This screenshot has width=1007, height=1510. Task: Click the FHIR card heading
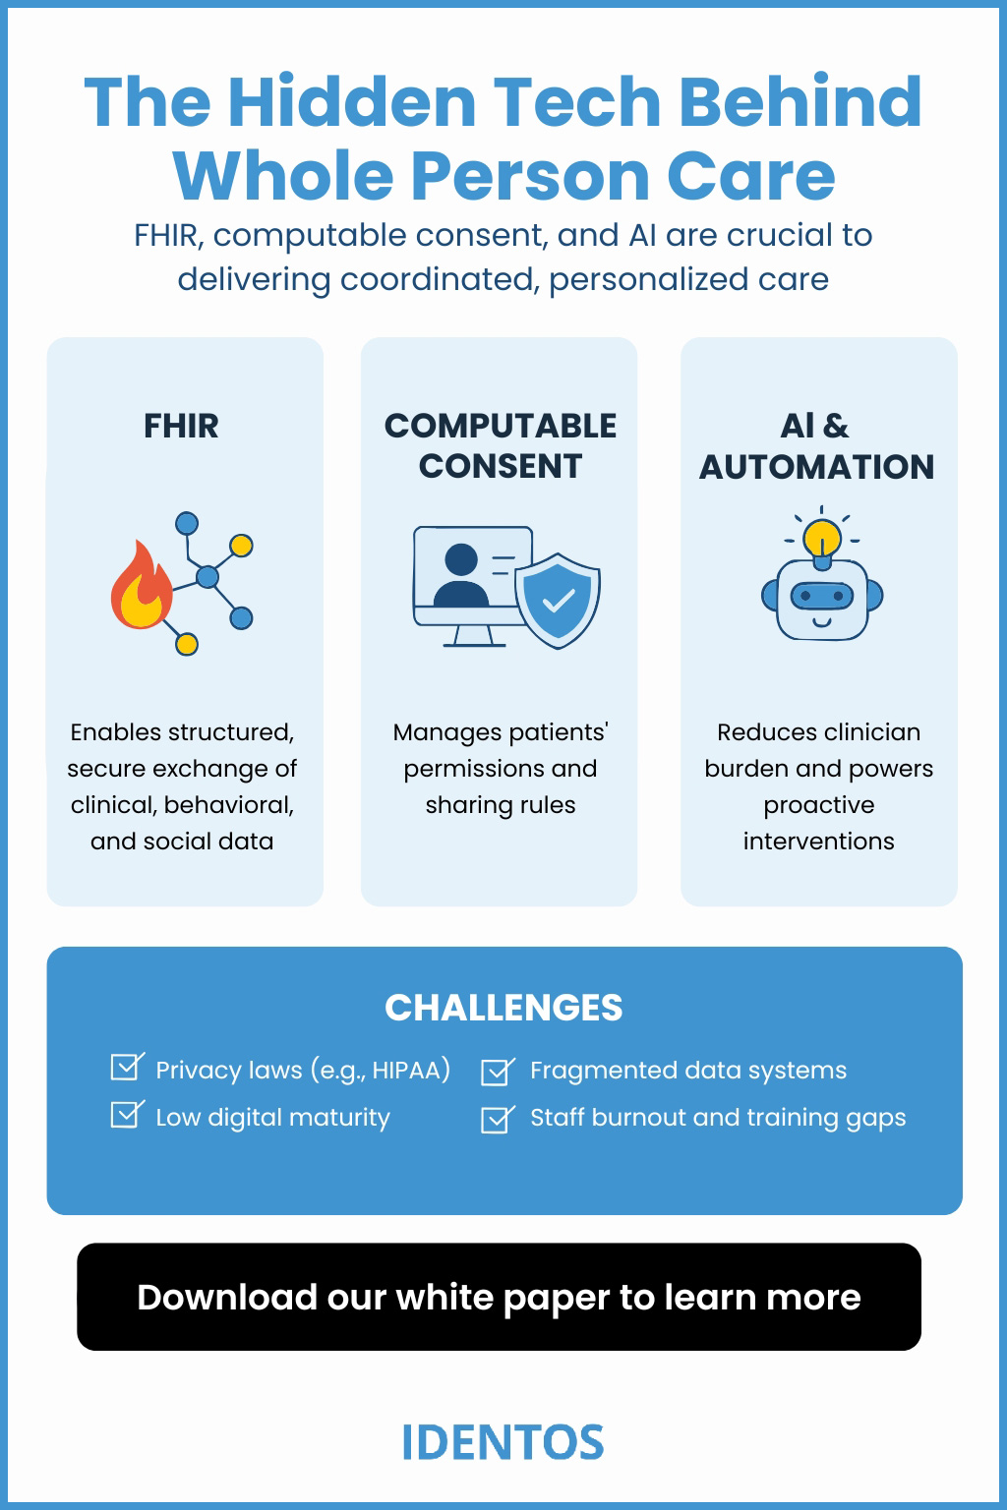click(x=181, y=426)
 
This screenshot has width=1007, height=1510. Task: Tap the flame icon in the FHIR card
click(x=141, y=587)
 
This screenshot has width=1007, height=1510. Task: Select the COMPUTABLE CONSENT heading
click(x=501, y=445)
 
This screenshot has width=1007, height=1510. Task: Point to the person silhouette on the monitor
click(x=461, y=577)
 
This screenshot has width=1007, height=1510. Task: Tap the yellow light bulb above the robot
click(x=821, y=538)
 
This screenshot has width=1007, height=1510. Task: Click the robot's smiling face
click(x=822, y=601)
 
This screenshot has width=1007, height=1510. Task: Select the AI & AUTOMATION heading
click(x=816, y=445)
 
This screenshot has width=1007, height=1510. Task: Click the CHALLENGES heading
click(x=503, y=1008)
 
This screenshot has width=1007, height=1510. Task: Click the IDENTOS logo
click(x=503, y=1442)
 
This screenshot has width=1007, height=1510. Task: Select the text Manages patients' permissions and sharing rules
click(x=501, y=769)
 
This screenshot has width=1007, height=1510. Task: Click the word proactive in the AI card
click(x=818, y=805)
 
